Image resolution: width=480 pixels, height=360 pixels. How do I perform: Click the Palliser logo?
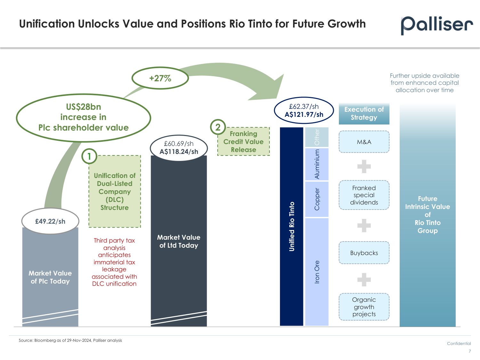pos(437,25)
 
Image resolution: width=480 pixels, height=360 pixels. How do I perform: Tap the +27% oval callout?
pos(160,78)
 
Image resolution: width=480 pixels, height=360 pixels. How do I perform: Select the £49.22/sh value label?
pos(50,221)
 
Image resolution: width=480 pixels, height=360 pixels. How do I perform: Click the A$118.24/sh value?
pos(179,151)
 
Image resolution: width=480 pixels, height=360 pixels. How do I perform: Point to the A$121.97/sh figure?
pos(304,114)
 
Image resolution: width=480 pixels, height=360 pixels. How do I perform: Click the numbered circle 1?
pos(89,156)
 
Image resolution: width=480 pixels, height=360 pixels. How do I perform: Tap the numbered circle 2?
pos(218,127)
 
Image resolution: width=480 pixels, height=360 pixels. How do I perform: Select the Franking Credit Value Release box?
pos(244,141)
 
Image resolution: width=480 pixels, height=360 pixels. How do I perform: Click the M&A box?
pos(364,142)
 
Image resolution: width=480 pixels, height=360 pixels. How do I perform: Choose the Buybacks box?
pos(364,253)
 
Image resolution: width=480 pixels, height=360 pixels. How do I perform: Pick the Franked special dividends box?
pos(364,195)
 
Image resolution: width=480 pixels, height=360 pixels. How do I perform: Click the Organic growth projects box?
pos(364,307)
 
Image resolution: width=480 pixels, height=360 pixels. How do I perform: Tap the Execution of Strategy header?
pos(364,114)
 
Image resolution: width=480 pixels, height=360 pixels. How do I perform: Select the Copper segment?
pos(317,199)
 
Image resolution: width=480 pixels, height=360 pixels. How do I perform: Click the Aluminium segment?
pos(317,164)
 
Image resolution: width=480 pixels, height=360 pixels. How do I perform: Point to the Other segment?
pos(317,137)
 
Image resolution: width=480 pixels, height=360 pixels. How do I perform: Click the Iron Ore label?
pos(317,272)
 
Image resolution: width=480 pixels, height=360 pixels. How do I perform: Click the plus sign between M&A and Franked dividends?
pos(364,166)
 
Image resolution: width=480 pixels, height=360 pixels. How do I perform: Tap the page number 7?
pos(470,351)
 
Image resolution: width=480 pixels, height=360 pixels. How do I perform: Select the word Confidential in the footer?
pos(459,343)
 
